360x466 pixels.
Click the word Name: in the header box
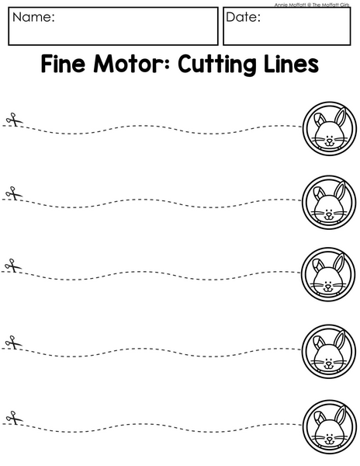tap(33, 17)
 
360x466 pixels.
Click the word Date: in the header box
tap(243, 17)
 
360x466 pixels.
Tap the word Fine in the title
tap(63, 64)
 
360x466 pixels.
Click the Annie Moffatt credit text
tap(312, 5)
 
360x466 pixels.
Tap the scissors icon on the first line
tap(14, 120)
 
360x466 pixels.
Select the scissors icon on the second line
tap(14, 193)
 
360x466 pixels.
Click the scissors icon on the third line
tap(13, 266)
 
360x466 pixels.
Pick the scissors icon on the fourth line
tap(14, 342)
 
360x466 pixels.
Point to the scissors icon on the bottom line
tap(14, 418)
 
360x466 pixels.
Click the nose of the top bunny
tap(330, 140)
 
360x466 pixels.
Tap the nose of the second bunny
tap(328, 213)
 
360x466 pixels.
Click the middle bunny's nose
tap(328, 286)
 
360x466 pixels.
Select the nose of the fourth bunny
tap(328, 363)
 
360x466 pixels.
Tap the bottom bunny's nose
tap(330, 438)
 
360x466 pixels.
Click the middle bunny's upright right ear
tap(339, 264)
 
